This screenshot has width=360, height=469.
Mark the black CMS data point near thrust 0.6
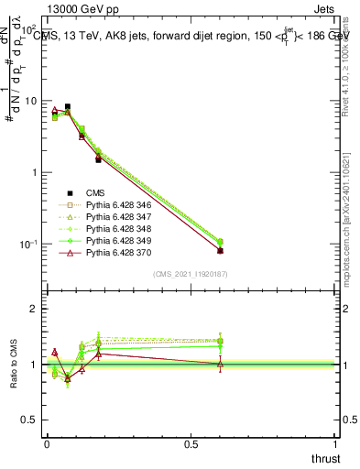point(220,250)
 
